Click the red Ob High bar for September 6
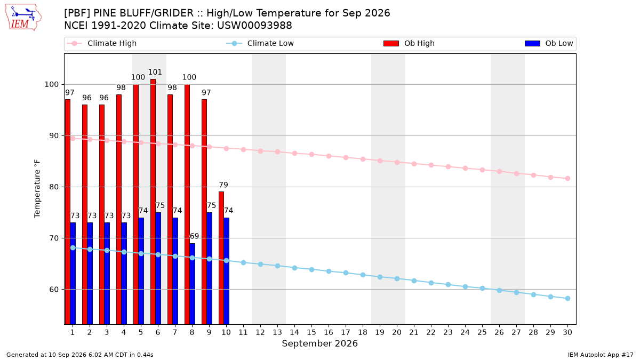click(x=153, y=202)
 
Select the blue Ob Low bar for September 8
click(x=193, y=284)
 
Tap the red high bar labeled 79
click(x=221, y=258)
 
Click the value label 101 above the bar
click(x=155, y=73)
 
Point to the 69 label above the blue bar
click(x=194, y=236)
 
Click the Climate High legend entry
click(x=101, y=43)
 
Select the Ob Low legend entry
click(x=549, y=43)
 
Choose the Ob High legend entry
click(x=409, y=43)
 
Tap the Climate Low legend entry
click(x=260, y=43)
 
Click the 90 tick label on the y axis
click(x=54, y=135)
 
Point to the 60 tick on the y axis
click(x=54, y=290)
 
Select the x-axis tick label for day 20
click(x=397, y=332)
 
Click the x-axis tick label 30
click(x=567, y=332)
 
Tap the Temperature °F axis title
click(x=37, y=189)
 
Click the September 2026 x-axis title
click(x=319, y=343)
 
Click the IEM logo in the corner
click(x=23, y=18)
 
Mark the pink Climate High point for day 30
click(x=567, y=179)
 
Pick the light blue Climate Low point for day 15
click(x=311, y=270)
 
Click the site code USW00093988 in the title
click(x=254, y=26)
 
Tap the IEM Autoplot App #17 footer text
click(x=601, y=355)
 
